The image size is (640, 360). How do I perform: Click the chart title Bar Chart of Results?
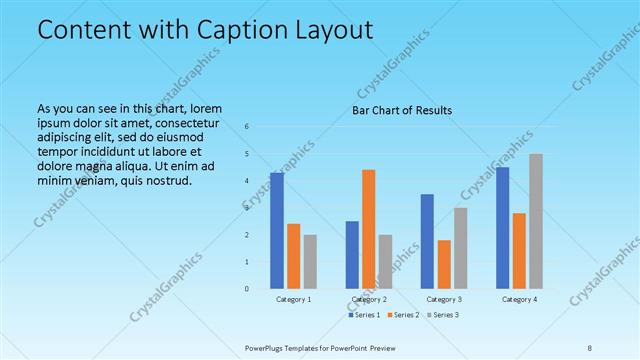coord(401,110)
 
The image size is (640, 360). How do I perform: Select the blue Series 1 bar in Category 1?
coord(277,230)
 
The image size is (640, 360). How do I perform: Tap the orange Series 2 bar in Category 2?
coord(368,229)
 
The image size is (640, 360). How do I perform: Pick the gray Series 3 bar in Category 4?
coord(536,221)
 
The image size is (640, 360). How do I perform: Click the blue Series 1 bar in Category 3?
coord(427,241)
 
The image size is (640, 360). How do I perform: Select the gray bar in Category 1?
coord(310,261)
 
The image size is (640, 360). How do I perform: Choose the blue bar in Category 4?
coord(502,227)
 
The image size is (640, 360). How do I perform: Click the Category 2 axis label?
coord(369,299)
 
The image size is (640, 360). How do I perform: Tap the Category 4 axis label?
coord(519,299)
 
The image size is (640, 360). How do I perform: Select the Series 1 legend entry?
coord(363,315)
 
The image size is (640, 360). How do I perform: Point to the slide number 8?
coord(590,347)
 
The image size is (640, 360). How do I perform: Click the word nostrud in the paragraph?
coord(162,181)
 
